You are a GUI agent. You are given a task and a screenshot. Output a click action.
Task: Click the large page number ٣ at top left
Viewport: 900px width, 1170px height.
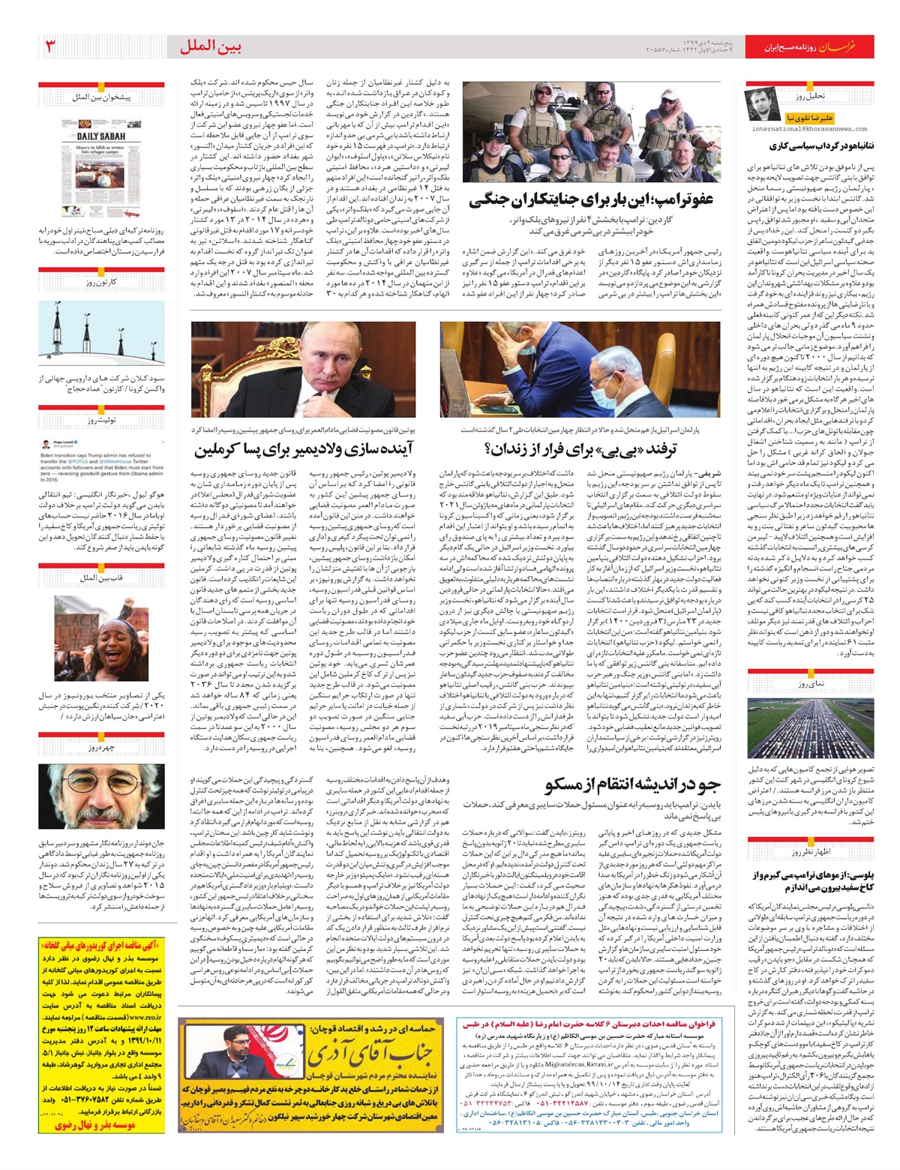(52, 47)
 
